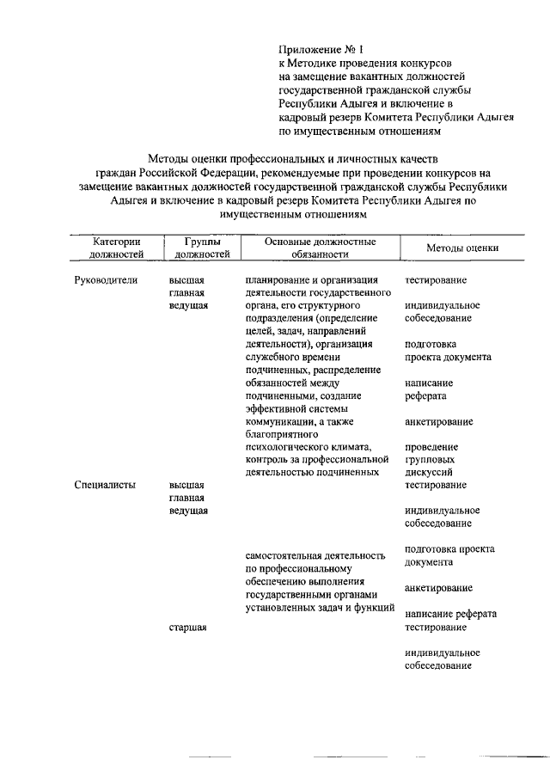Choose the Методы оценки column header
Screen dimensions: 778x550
click(462, 248)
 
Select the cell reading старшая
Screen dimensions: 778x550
click(188, 628)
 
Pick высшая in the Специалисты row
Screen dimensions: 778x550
click(186, 485)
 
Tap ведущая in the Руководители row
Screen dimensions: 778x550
click(189, 306)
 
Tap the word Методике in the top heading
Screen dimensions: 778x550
click(318, 64)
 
